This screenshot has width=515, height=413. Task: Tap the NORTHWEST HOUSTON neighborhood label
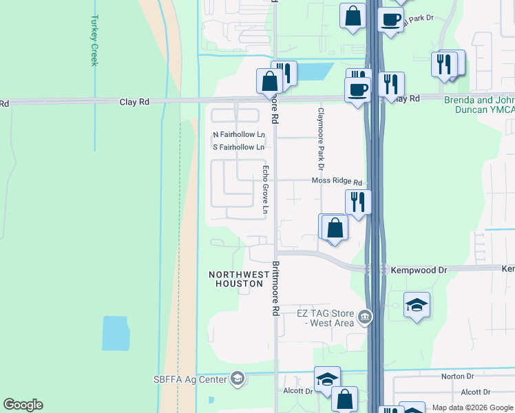pos(240,279)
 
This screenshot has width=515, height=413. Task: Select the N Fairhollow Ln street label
pos(238,134)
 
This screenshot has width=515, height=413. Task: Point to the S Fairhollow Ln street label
pos(238,147)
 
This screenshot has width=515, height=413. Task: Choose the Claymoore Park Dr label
pos(320,138)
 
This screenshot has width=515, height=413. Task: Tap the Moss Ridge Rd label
pos(337,182)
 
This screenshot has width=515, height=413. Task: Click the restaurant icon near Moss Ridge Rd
pos(358,202)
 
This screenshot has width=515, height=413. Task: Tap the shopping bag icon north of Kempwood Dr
pos(335,228)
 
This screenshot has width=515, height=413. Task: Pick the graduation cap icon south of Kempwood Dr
pos(417,304)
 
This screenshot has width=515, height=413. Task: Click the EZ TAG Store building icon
pos(365,318)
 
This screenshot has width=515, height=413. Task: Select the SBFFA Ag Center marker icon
pos(238,378)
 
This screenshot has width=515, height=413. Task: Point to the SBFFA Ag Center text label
pos(190,379)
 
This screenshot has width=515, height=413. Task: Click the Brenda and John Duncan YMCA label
pos(479,105)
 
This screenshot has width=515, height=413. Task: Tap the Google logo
pos(23,405)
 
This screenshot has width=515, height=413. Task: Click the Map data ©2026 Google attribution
pos(472,408)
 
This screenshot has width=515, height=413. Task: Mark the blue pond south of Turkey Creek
pos(114,333)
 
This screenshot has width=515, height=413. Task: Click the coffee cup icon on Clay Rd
pos(357,89)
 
